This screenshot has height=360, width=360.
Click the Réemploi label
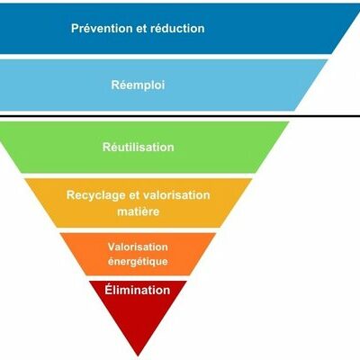(x=138, y=85)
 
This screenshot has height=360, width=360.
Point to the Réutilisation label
(x=139, y=147)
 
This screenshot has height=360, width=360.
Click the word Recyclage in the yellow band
(x=96, y=195)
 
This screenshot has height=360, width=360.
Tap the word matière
(x=139, y=211)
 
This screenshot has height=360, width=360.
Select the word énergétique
(x=138, y=261)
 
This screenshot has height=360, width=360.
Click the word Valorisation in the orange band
(x=138, y=247)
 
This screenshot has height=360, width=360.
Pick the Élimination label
(x=138, y=290)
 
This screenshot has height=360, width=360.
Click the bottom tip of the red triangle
(x=138, y=356)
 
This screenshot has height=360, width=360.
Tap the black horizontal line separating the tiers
(x=180, y=116)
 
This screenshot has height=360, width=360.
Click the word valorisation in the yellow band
(x=176, y=195)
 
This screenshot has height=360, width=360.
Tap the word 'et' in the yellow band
(x=134, y=195)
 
